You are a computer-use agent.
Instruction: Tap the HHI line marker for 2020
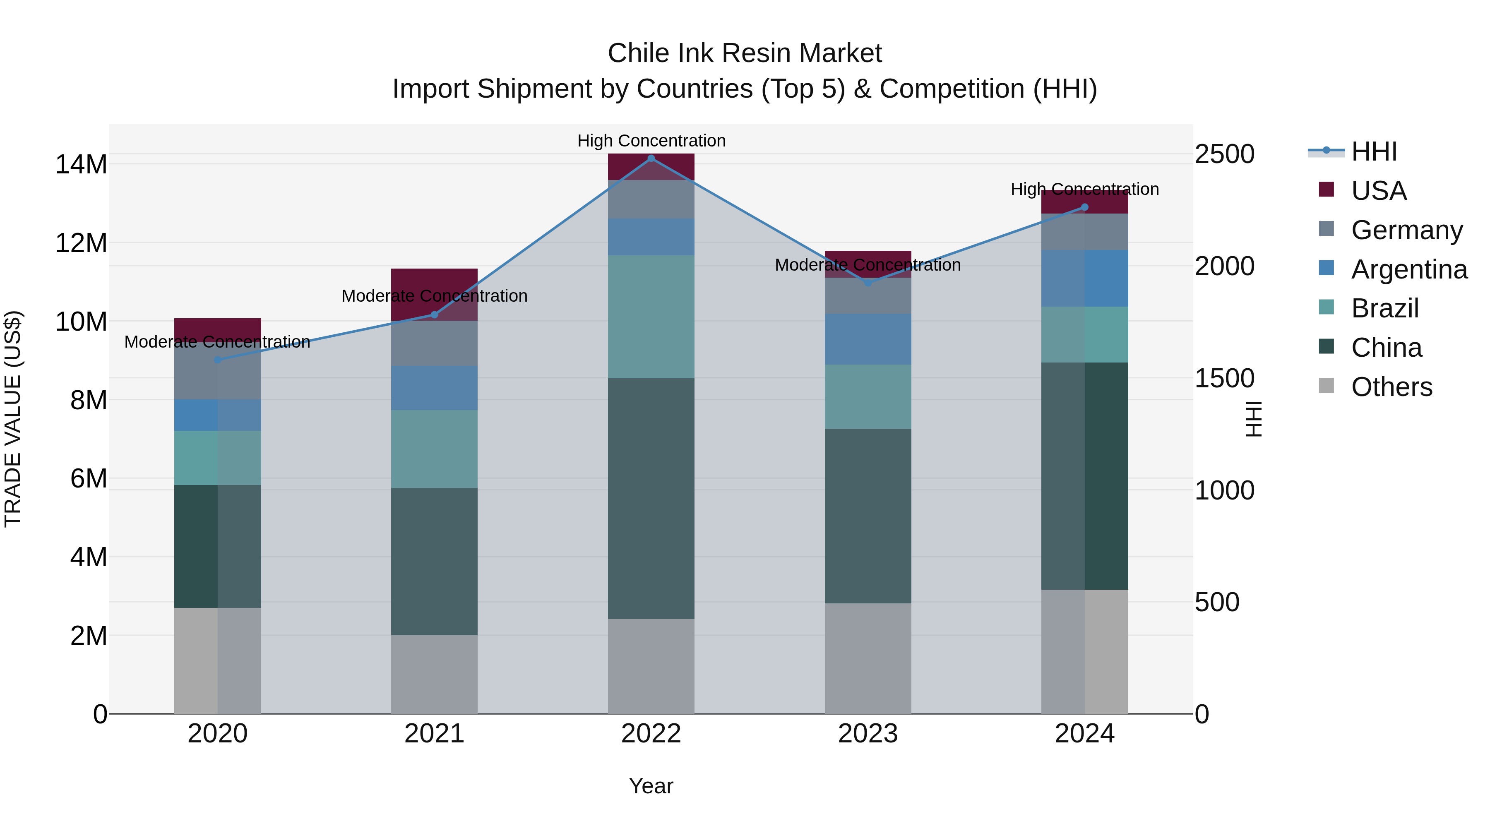point(217,360)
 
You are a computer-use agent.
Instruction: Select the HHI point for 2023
point(868,283)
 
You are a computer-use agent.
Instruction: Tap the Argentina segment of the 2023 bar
point(868,339)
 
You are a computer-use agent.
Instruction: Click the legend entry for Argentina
point(1408,269)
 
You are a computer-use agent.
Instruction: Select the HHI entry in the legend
point(1374,151)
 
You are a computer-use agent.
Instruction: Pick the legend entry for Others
point(1391,387)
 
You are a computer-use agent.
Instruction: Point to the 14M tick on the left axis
point(81,164)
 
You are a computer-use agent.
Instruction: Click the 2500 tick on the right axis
point(1225,154)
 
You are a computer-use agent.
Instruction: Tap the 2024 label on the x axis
point(1084,734)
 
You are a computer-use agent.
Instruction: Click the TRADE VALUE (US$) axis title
point(13,419)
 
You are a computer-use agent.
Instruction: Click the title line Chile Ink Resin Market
point(745,53)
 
